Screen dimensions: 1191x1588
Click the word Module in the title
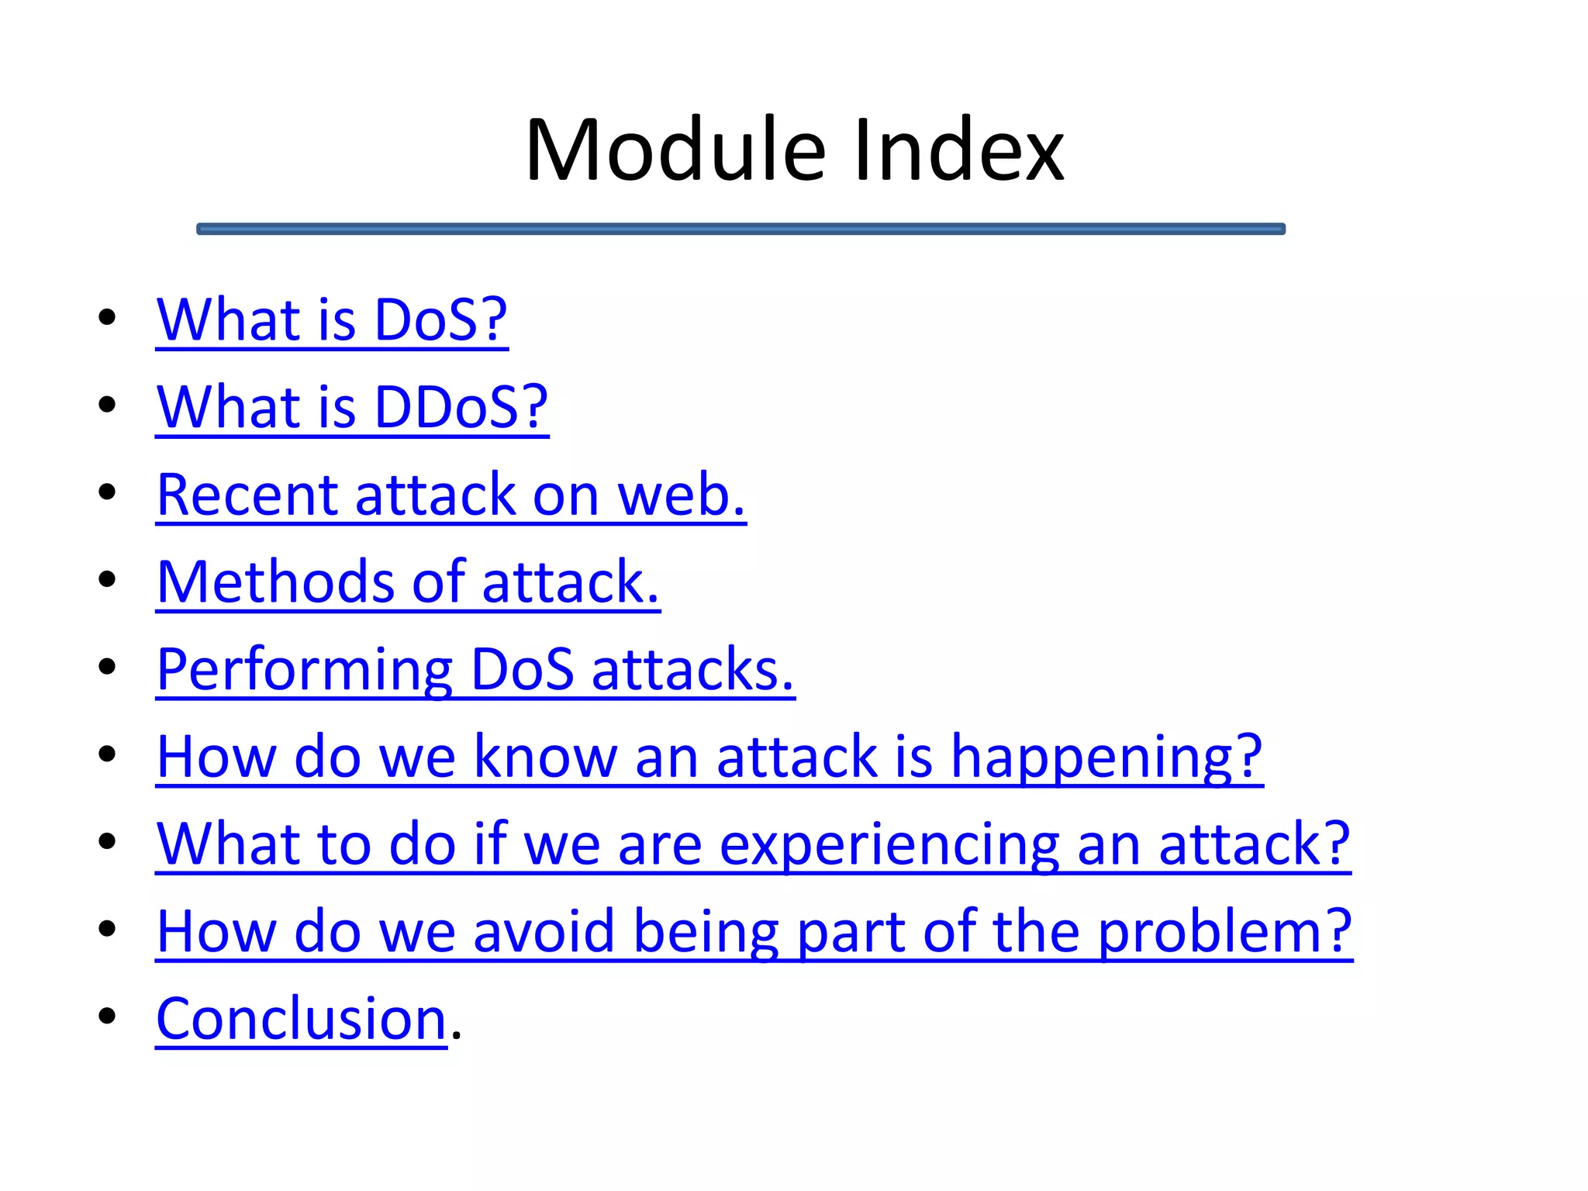[675, 150]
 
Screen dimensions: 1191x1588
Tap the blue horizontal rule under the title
[740, 229]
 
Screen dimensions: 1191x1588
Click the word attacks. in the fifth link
[692, 670]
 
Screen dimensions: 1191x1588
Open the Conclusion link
[301, 1019]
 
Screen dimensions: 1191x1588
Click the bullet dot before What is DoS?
[107, 317]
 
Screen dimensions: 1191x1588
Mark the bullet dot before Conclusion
[107, 1016]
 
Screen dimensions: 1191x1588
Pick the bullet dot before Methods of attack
[107, 579]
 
